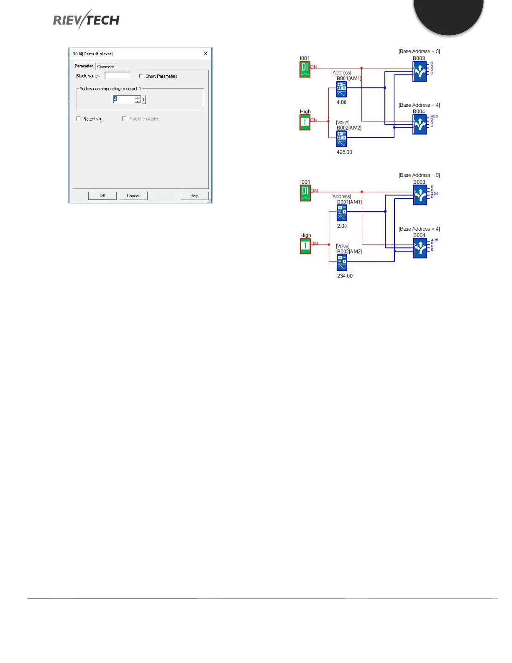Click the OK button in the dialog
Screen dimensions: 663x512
coord(102,195)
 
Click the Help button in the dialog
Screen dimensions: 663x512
coord(194,195)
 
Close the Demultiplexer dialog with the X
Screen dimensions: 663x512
coord(205,54)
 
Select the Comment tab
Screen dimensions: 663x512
coord(105,67)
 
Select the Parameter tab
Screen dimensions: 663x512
coord(84,66)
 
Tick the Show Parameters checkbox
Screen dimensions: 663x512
coord(141,76)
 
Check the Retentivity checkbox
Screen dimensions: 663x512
coord(79,119)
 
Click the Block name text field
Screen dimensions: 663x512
coord(117,76)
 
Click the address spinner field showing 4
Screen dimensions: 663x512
coord(124,99)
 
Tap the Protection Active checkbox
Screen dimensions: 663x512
coord(124,119)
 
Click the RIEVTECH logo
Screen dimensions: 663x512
coord(86,20)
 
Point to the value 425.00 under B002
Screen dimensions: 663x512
coord(344,152)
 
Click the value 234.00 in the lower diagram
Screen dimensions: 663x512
coord(345,276)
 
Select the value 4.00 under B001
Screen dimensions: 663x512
coord(341,102)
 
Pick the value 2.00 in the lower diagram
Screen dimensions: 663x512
coord(342,226)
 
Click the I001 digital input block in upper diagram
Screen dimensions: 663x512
coord(305,69)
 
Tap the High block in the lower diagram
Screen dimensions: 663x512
coord(305,246)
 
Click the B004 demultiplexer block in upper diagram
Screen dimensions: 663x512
coord(420,124)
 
